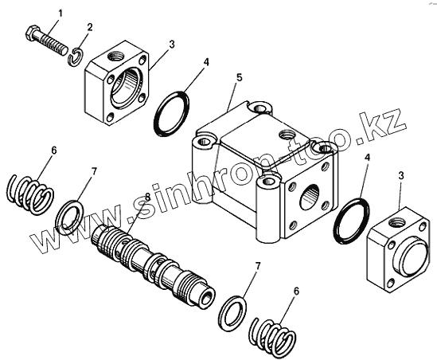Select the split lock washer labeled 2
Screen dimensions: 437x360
coord(76,57)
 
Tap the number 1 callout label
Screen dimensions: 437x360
coord(60,13)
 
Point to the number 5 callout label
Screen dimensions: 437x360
coord(240,77)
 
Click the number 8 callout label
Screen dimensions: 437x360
coord(147,197)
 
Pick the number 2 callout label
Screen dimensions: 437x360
coord(89,27)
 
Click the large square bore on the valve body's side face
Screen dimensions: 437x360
coord(309,198)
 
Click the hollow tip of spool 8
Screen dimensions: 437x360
coord(207,298)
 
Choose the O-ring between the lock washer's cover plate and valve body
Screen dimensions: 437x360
coord(172,113)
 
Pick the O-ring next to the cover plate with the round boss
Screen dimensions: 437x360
coord(352,221)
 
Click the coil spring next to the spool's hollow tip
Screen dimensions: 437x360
coord(272,333)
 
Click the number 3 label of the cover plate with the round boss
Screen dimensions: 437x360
coord(400,175)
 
